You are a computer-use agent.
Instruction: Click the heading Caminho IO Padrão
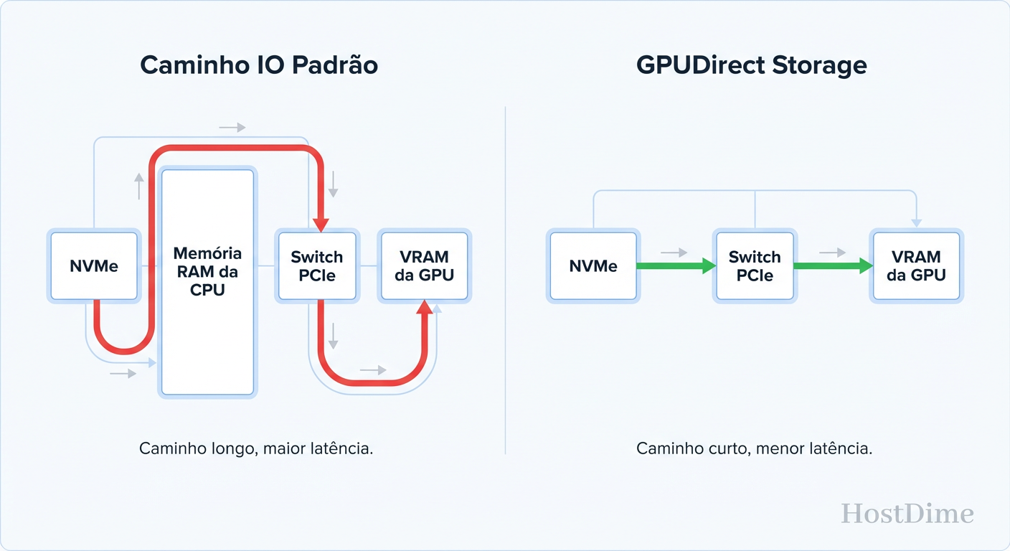(x=258, y=65)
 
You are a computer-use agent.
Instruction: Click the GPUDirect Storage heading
(x=751, y=65)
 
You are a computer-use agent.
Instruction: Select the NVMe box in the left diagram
(x=93, y=266)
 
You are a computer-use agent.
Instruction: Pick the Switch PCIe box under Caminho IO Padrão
(x=316, y=266)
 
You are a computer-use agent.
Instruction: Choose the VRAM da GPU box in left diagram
(x=424, y=266)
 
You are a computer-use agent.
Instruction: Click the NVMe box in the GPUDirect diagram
(x=593, y=266)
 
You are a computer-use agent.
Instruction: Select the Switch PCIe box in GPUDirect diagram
(x=754, y=266)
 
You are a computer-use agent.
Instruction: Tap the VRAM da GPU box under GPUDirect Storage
(x=915, y=266)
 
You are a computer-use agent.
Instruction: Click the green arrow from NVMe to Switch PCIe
(x=674, y=266)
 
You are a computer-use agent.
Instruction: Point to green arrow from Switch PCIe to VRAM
(x=832, y=266)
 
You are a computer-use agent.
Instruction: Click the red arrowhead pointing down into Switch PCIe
(x=321, y=223)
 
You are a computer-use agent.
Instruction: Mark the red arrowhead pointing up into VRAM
(x=425, y=309)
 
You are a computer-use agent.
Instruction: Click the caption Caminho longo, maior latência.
(x=256, y=449)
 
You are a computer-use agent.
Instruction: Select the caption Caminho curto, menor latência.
(x=754, y=449)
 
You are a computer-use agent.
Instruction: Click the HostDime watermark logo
(x=907, y=514)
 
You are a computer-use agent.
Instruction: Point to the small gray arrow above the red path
(x=232, y=128)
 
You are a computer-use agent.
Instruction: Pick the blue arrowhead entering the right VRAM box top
(x=916, y=223)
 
